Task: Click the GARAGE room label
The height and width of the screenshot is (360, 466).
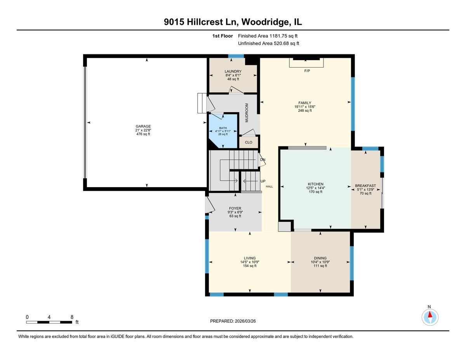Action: (x=143, y=126)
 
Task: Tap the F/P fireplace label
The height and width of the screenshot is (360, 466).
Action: (x=307, y=71)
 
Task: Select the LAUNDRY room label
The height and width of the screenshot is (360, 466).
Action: (x=233, y=71)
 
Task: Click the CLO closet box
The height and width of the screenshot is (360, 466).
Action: (x=249, y=143)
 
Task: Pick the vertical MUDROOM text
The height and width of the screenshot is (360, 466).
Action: (x=247, y=113)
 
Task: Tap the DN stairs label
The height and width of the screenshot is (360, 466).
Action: (x=263, y=160)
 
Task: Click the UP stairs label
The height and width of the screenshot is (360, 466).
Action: (x=263, y=181)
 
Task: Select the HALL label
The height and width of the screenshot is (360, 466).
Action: (x=269, y=187)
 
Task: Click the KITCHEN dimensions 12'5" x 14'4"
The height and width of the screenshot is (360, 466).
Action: (x=315, y=188)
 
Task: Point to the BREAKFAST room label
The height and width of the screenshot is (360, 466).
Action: (x=365, y=186)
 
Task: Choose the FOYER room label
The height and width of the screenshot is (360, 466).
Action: (x=235, y=209)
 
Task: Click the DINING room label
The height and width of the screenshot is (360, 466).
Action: (x=320, y=258)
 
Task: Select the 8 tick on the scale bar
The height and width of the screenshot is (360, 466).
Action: (x=71, y=317)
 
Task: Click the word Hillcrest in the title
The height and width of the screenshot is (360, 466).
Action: (x=204, y=23)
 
